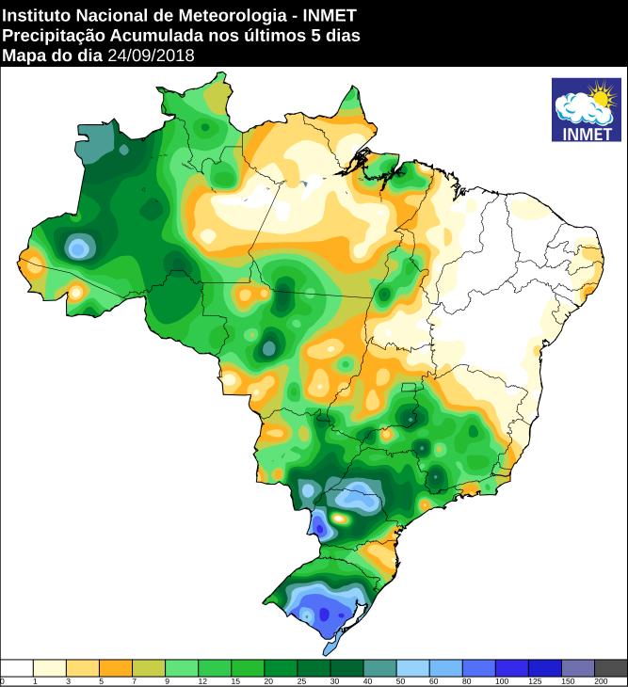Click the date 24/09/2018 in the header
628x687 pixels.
click(x=151, y=56)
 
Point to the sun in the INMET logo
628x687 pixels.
click(x=600, y=95)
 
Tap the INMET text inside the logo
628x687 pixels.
click(x=586, y=133)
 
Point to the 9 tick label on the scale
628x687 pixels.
click(x=165, y=680)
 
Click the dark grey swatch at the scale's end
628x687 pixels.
click(x=610, y=667)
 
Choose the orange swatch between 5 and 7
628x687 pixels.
click(x=116, y=667)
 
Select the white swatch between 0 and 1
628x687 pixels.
click(x=17, y=667)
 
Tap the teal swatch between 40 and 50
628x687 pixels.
click(x=379, y=667)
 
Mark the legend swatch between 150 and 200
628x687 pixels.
click(x=577, y=667)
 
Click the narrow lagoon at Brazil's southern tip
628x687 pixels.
click(x=330, y=647)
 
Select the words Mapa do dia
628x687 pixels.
click(x=53, y=56)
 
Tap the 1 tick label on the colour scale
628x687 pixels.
click(x=34, y=680)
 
